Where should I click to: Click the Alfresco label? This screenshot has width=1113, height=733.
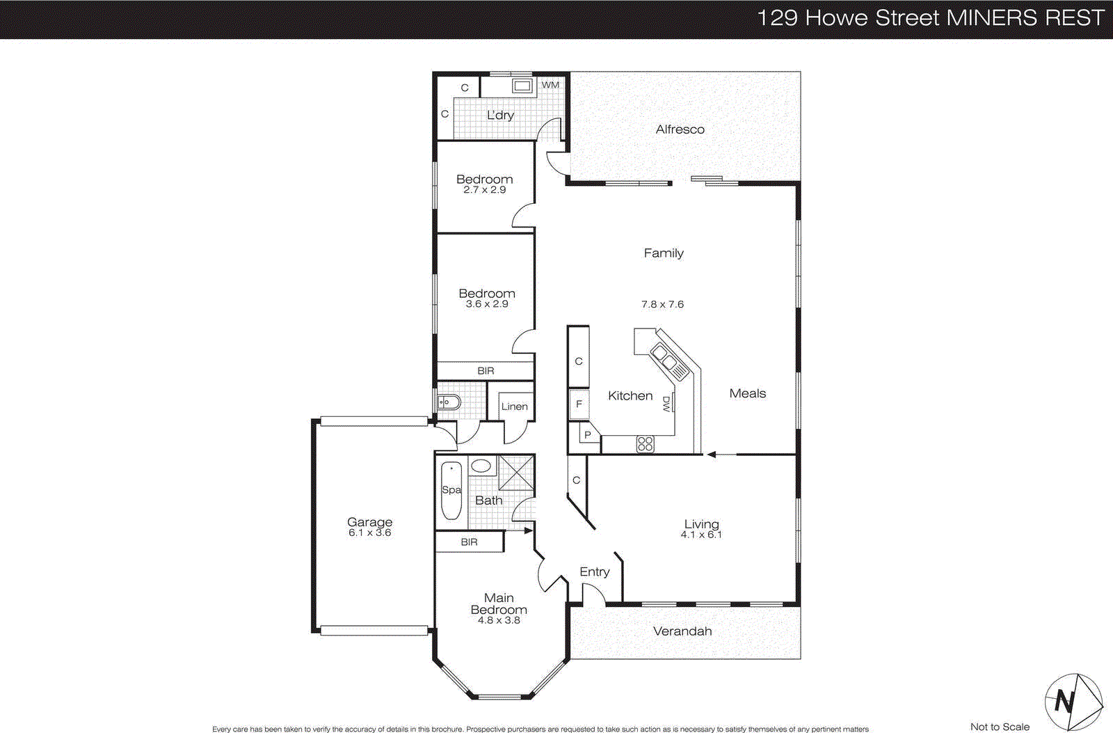[x=680, y=129]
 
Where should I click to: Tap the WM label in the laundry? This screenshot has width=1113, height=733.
[x=550, y=85]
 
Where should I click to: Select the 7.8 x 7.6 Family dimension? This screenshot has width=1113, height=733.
[x=662, y=304]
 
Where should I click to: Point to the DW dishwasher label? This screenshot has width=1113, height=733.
[x=666, y=404]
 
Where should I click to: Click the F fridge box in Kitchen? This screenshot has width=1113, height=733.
[x=579, y=404]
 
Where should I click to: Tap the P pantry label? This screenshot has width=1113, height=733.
[x=587, y=435]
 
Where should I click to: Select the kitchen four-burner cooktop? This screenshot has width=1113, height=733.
[x=645, y=443]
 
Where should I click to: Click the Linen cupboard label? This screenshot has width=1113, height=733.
[x=514, y=407]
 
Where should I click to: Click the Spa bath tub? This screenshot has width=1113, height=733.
[x=451, y=490]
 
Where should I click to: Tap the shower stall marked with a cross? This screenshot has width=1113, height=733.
[x=516, y=472]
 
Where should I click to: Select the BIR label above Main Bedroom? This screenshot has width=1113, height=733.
[x=469, y=542]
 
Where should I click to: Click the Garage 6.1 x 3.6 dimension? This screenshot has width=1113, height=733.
[x=369, y=533]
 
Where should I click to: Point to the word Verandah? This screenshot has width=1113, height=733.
[x=682, y=631]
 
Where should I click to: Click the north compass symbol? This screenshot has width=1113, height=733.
[x=1073, y=702]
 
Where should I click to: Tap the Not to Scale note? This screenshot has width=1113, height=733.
[x=1000, y=727]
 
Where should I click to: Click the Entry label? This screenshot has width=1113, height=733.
[x=594, y=572]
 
